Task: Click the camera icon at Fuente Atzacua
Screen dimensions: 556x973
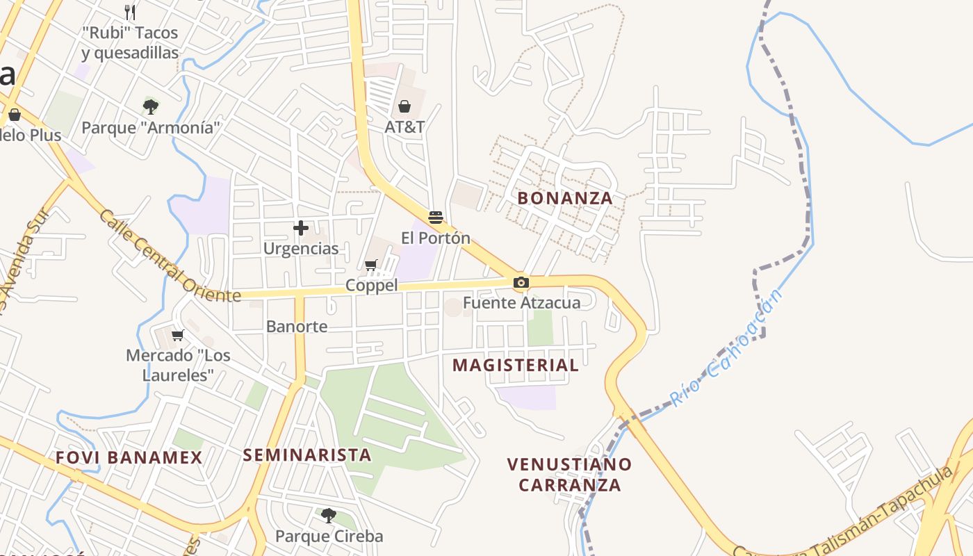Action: click(x=521, y=282)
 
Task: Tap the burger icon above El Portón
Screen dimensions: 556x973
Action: click(x=436, y=218)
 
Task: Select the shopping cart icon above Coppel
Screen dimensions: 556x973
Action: click(x=371, y=265)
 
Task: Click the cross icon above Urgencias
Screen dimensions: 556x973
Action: click(x=301, y=227)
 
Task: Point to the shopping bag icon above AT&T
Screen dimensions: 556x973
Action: click(x=404, y=106)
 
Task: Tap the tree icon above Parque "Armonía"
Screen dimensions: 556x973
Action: click(x=150, y=106)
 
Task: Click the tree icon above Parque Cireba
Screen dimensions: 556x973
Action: click(x=329, y=515)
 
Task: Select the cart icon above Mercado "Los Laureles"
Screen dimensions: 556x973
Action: click(x=178, y=335)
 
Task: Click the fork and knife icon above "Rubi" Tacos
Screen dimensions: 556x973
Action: click(x=130, y=12)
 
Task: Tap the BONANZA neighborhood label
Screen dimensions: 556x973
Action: click(x=565, y=198)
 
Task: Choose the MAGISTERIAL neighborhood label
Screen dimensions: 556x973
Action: click(x=516, y=366)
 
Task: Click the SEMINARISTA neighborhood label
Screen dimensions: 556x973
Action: click(x=306, y=455)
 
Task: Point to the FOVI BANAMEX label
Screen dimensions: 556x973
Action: click(x=129, y=458)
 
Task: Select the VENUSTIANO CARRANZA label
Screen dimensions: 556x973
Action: click(x=569, y=474)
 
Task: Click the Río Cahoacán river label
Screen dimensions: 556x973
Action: click(x=726, y=347)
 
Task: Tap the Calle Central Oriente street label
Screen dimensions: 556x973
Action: click(x=169, y=256)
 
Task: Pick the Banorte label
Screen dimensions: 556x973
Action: click(x=297, y=326)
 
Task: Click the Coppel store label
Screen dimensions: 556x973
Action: click(x=372, y=286)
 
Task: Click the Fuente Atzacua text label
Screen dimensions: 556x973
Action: click(x=521, y=302)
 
